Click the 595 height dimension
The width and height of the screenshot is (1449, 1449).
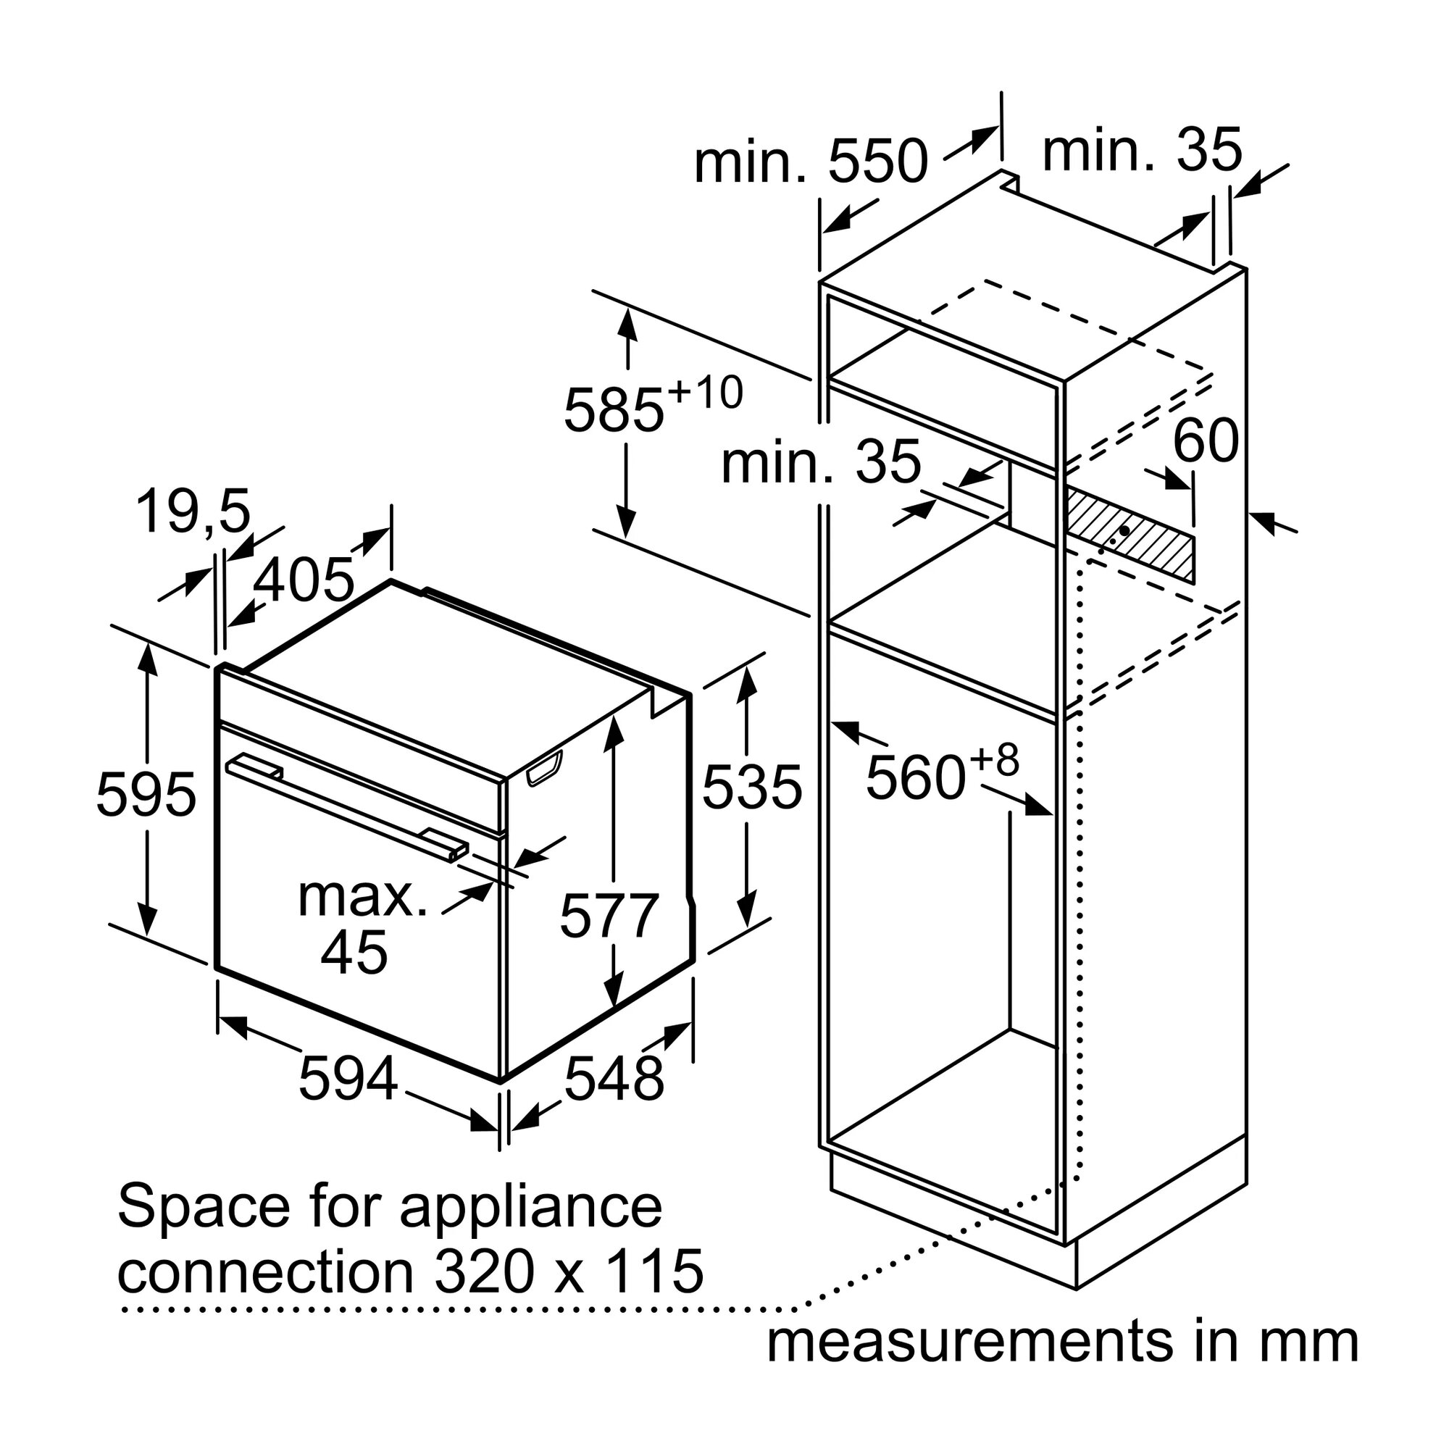pos(146,793)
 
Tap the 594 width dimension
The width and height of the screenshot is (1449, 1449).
pos(348,1079)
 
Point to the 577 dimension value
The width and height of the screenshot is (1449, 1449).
pos(609,915)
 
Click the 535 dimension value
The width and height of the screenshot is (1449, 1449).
pos(752,787)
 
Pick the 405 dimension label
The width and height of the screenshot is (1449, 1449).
pos(303,580)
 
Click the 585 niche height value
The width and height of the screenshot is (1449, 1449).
pos(614,410)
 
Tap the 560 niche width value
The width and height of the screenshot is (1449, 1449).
pos(915,777)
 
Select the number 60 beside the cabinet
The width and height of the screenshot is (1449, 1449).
pos(1206,441)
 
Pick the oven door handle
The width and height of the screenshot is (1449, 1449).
pos(346,810)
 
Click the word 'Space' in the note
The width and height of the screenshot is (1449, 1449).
pos(203,1206)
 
